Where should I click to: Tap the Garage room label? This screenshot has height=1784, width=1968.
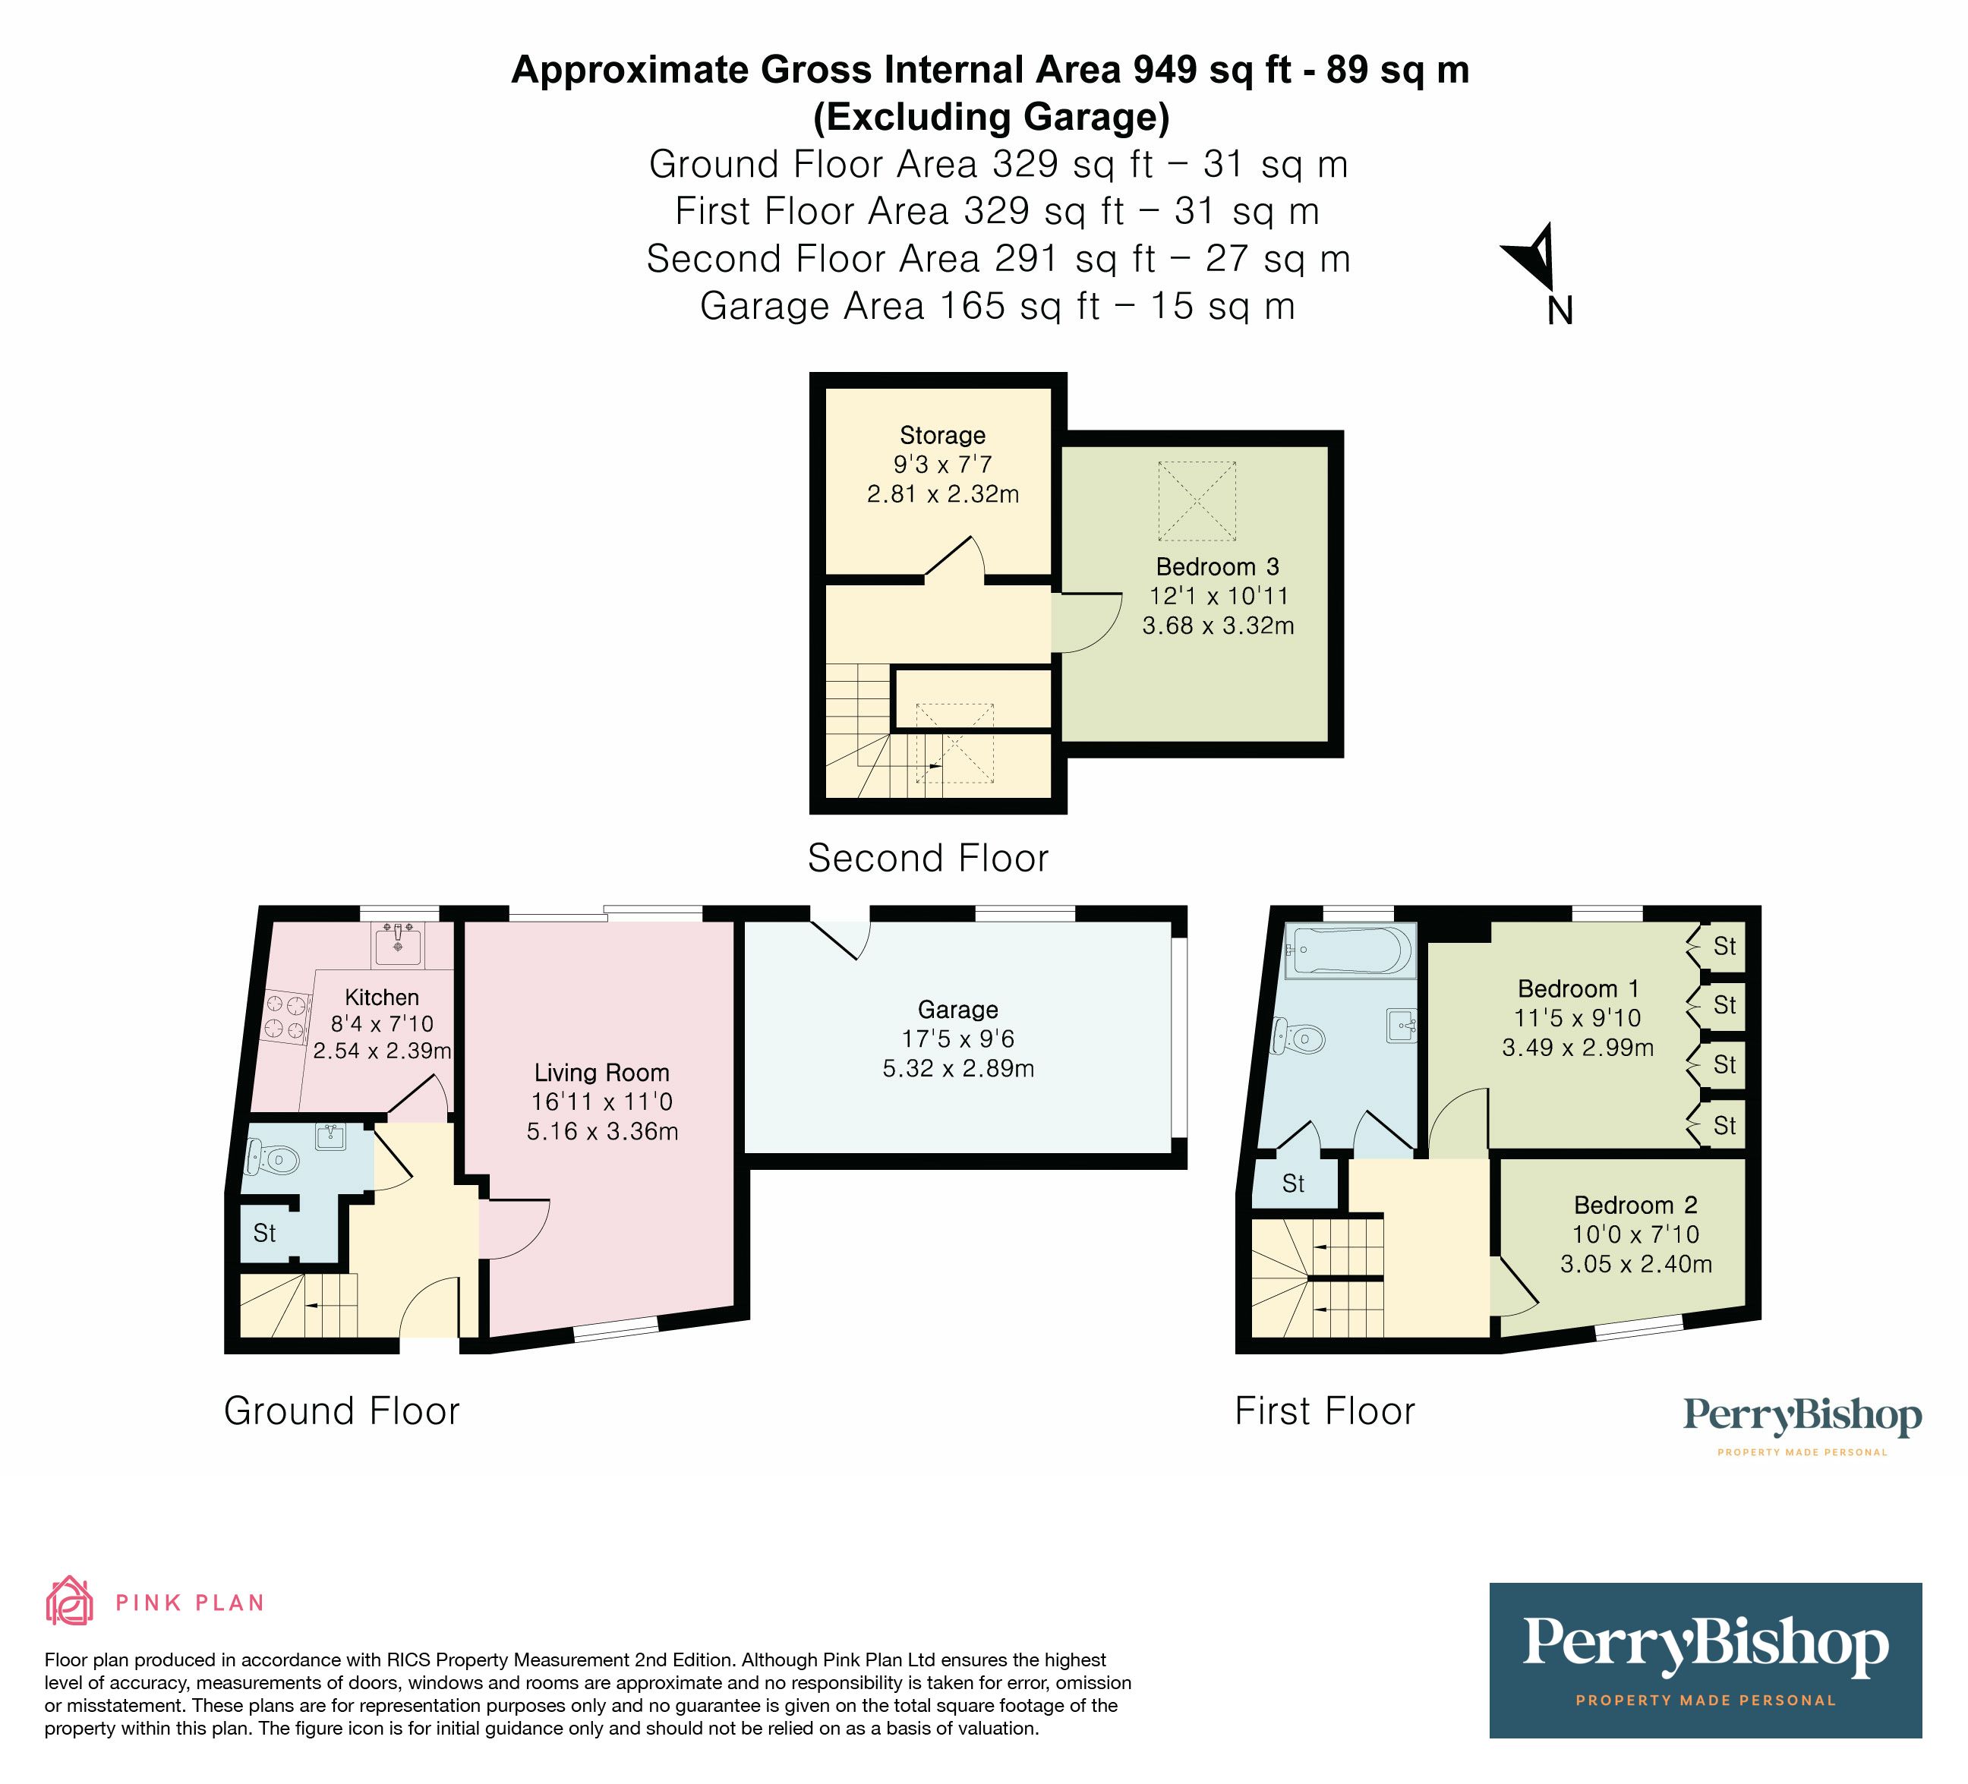957,1010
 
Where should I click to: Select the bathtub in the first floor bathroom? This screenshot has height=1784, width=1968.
1350,950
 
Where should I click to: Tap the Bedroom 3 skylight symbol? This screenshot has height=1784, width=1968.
1197,500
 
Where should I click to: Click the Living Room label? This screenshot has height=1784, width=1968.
601,1073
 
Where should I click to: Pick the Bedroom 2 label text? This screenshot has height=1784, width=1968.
1635,1206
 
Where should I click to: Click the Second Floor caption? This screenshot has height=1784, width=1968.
927,859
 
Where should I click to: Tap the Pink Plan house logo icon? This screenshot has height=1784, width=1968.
69,1602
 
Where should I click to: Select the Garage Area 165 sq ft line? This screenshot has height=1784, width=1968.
997,307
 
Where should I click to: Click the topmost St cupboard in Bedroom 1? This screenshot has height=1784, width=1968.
1724,946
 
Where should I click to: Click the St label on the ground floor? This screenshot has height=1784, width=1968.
264,1234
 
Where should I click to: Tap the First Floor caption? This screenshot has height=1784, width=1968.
1323,1412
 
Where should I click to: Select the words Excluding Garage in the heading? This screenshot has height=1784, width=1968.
991,117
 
